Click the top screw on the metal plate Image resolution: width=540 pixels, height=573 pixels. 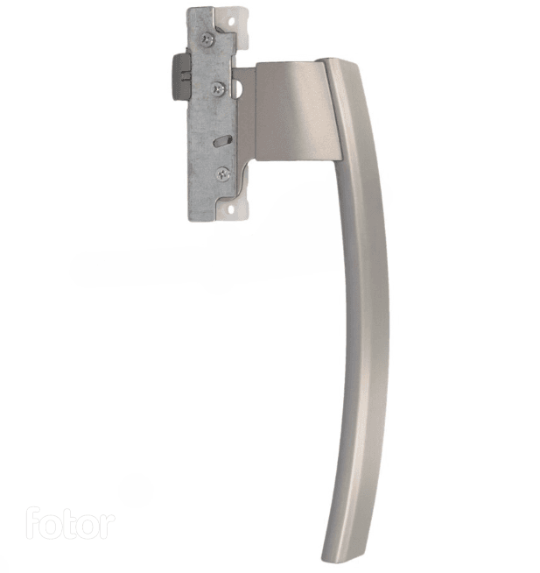[x=207, y=39]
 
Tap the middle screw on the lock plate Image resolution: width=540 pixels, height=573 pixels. [x=218, y=88]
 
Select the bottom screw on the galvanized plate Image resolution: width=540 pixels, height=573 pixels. [x=223, y=174]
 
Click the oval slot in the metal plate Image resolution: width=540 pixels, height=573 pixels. [x=222, y=141]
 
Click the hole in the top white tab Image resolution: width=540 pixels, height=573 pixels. [x=231, y=21]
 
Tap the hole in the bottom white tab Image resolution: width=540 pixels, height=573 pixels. [x=231, y=209]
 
